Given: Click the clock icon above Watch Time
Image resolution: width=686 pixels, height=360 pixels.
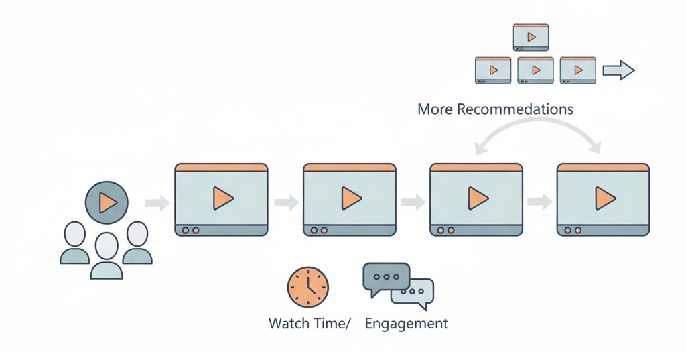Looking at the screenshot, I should (308, 287).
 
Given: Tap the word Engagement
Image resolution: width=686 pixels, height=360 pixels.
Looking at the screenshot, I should (406, 324).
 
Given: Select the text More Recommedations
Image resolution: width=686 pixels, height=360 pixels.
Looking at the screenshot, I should (495, 109).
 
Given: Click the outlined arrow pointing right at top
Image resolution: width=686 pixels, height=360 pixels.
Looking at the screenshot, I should (618, 70).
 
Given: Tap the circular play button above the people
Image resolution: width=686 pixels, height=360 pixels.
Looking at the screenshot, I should (106, 202).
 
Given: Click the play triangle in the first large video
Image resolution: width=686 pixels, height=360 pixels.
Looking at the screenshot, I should (222, 198).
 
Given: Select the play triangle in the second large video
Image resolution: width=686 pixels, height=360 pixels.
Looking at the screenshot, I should (351, 198).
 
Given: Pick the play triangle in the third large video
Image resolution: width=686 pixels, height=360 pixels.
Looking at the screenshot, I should (478, 198).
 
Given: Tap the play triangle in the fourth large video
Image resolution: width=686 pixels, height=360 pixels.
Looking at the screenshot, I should (604, 198).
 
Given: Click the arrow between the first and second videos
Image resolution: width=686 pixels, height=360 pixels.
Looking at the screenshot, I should (286, 202).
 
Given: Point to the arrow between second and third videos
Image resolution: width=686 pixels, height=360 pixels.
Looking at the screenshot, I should (413, 202).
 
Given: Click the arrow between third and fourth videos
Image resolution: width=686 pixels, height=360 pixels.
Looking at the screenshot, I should (539, 202).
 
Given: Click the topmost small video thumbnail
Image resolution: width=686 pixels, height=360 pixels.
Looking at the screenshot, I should (531, 37).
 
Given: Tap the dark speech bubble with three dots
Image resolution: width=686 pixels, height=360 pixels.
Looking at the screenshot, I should (386, 277).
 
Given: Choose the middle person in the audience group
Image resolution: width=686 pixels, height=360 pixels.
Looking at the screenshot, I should (107, 255).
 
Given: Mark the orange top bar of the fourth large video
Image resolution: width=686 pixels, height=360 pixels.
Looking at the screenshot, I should (603, 167).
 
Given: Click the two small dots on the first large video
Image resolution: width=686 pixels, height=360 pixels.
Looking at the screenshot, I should (190, 230).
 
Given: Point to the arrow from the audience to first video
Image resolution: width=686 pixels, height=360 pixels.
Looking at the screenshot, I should (157, 202).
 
